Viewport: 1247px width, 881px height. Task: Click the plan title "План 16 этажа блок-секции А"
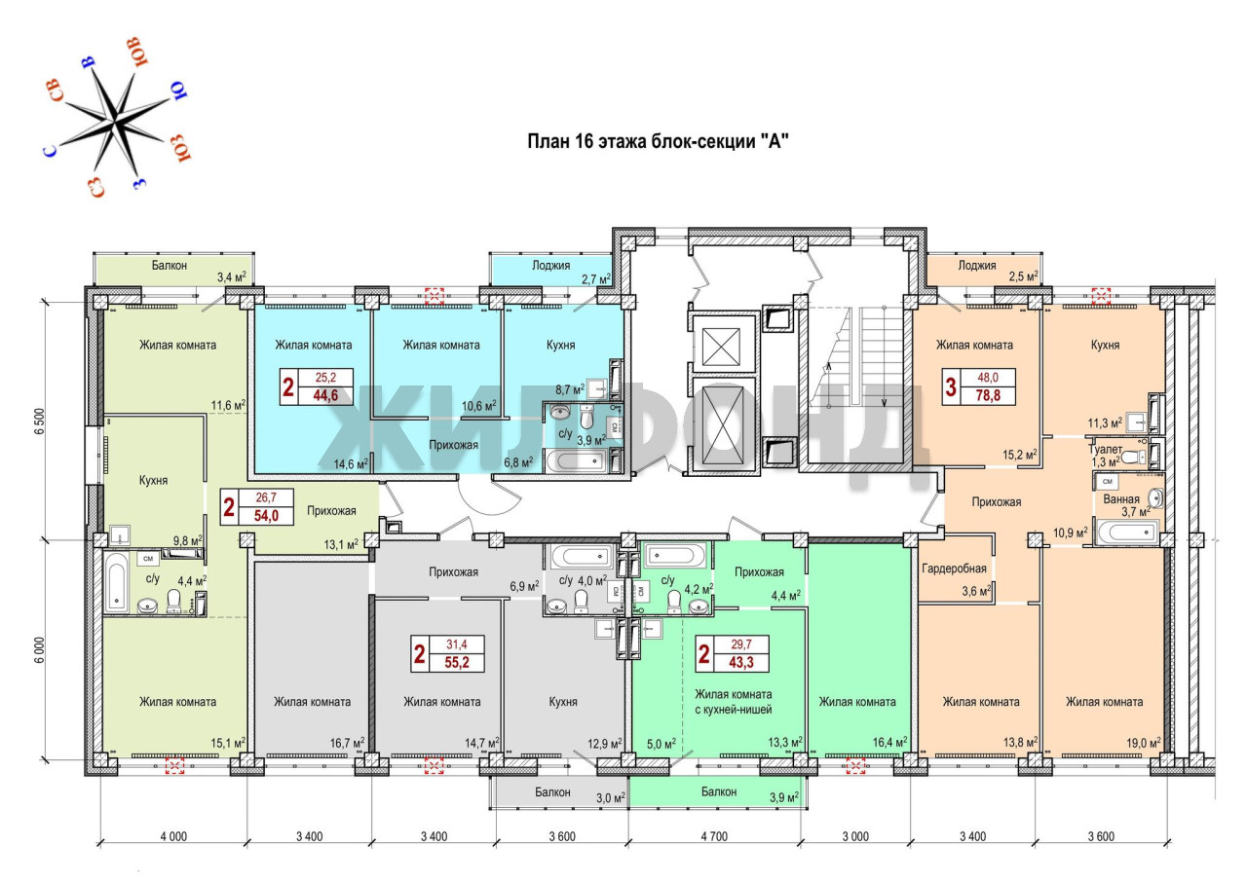[x=658, y=141]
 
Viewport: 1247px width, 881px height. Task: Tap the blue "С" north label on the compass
[x=51, y=151]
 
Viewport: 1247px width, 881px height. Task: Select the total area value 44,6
[x=325, y=396]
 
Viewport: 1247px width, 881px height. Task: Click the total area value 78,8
[x=988, y=396]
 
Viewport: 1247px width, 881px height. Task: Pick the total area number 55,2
[x=457, y=663]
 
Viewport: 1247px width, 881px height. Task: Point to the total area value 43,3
[x=741, y=663]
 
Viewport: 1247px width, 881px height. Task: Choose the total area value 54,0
[x=266, y=516]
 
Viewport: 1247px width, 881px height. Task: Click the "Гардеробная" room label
[x=954, y=569]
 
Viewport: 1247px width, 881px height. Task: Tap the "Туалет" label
[x=1105, y=449]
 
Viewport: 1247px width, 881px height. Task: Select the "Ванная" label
[x=1121, y=498]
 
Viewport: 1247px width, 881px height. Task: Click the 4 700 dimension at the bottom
[x=714, y=836]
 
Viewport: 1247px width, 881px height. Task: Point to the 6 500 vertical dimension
[x=40, y=422]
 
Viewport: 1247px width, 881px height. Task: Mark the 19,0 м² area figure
[x=1144, y=743]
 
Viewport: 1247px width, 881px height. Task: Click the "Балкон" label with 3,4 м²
[x=170, y=266]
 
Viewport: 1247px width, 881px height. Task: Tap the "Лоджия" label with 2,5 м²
[x=977, y=266]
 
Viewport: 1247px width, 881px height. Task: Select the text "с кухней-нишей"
[x=734, y=710]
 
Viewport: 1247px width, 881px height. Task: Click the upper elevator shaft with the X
[x=721, y=345]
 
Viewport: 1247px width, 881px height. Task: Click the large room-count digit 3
[x=950, y=387]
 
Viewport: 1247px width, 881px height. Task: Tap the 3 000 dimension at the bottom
[x=855, y=836]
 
